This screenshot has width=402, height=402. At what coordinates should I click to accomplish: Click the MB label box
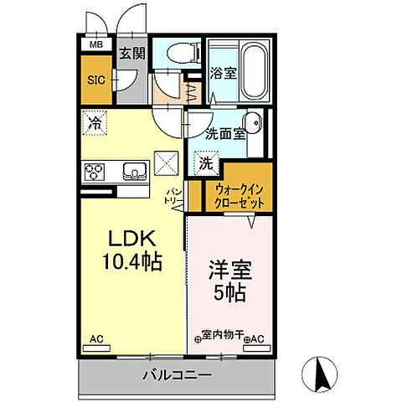[x=96, y=44]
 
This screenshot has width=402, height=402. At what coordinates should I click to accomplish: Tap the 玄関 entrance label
[x=131, y=54]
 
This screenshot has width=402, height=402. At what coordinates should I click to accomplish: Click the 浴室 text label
[x=224, y=73]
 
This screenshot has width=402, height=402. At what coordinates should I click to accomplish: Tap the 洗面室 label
[x=226, y=132]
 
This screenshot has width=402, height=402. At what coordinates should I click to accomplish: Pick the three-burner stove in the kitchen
[x=94, y=173]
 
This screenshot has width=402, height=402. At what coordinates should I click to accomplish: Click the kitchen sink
[x=133, y=173]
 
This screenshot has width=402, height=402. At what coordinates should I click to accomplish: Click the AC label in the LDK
[x=96, y=338]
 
